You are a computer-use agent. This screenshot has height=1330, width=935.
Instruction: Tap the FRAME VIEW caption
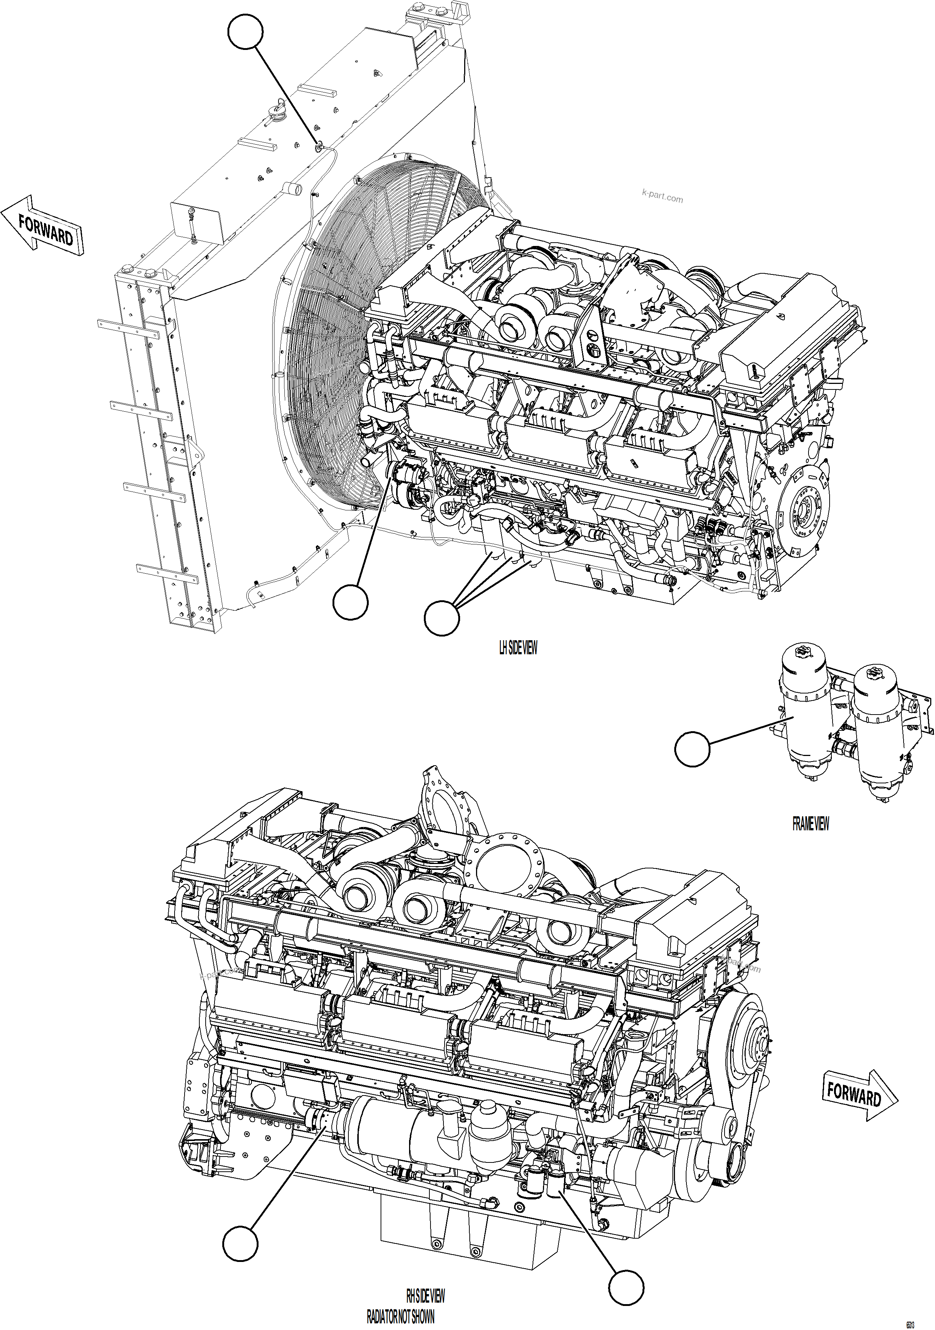click(810, 824)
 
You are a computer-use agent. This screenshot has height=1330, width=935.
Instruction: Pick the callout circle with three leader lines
click(442, 618)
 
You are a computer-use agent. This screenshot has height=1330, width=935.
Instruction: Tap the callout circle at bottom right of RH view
click(626, 1288)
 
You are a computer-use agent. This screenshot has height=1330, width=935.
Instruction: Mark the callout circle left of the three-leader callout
click(350, 602)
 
